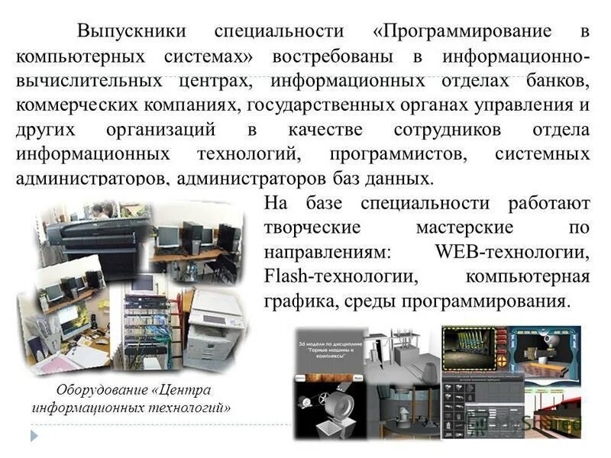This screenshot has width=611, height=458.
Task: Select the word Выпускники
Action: point(131,32)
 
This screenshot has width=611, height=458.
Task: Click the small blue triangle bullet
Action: point(34,435)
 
